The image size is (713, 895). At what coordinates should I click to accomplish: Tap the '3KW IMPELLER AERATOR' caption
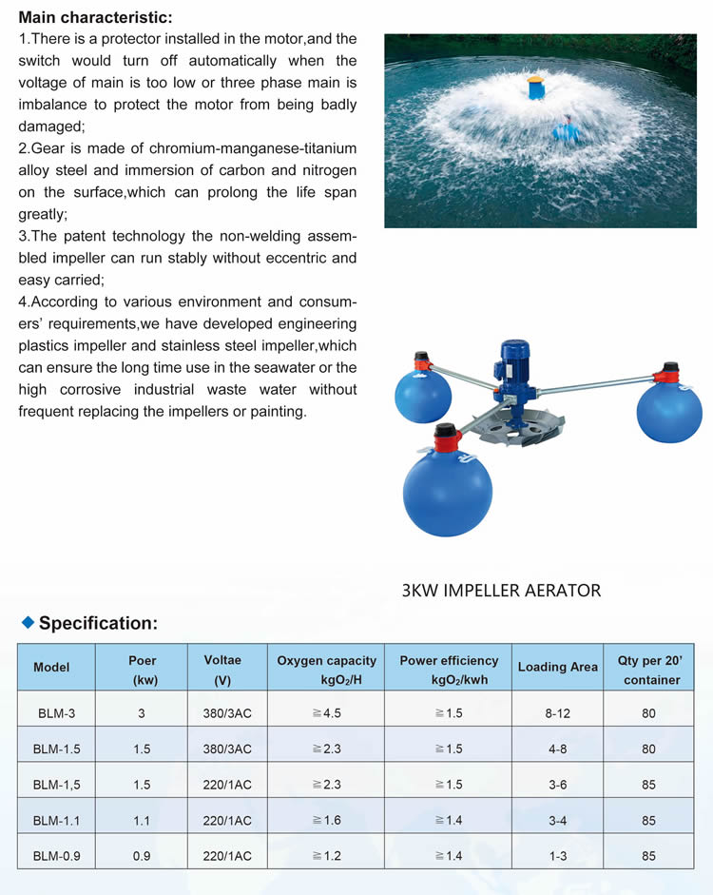(x=501, y=591)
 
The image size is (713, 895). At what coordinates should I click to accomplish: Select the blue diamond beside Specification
(x=28, y=622)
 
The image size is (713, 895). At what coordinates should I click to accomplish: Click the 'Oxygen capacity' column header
(x=326, y=669)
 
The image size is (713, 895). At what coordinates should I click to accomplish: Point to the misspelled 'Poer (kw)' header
(x=142, y=669)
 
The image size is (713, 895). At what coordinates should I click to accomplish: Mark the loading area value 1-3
(x=557, y=856)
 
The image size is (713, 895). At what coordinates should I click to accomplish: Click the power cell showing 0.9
(x=142, y=856)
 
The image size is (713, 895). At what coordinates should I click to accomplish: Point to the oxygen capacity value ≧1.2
(x=326, y=856)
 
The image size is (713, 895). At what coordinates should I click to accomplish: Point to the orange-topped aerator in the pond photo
(x=536, y=88)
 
